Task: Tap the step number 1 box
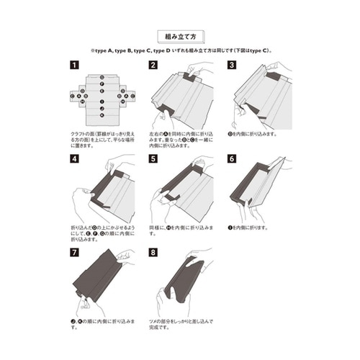(x=75, y=65)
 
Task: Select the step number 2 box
(x=153, y=65)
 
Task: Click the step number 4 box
(x=75, y=158)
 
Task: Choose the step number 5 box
(x=153, y=158)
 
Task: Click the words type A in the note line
(x=107, y=51)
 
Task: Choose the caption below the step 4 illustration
(x=102, y=233)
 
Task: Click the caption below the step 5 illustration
(x=180, y=230)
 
